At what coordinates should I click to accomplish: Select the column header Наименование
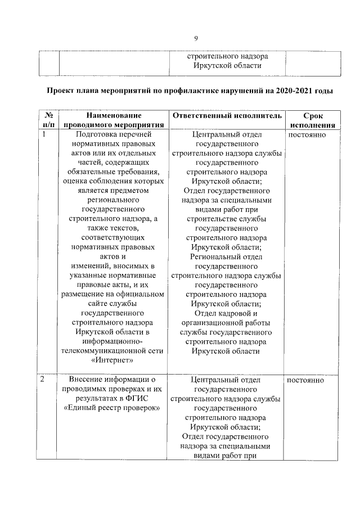(x=114, y=115)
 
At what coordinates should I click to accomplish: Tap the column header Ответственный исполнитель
(x=226, y=115)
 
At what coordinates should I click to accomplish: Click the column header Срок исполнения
(x=313, y=120)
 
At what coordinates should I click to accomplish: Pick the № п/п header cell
(x=48, y=120)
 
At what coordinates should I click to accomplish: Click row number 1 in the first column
(x=43, y=135)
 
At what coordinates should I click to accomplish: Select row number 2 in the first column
(x=43, y=380)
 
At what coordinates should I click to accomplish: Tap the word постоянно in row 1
(x=305, y=135)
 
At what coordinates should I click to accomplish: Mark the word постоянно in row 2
(x=305, y=380)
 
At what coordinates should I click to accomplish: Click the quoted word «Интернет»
(x=114, y=360)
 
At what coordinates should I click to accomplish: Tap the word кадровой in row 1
(x=232, y=313)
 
